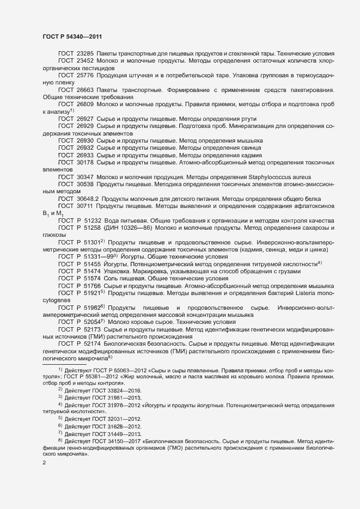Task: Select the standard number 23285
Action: coord(84,53)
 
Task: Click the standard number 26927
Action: coord(84,119)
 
